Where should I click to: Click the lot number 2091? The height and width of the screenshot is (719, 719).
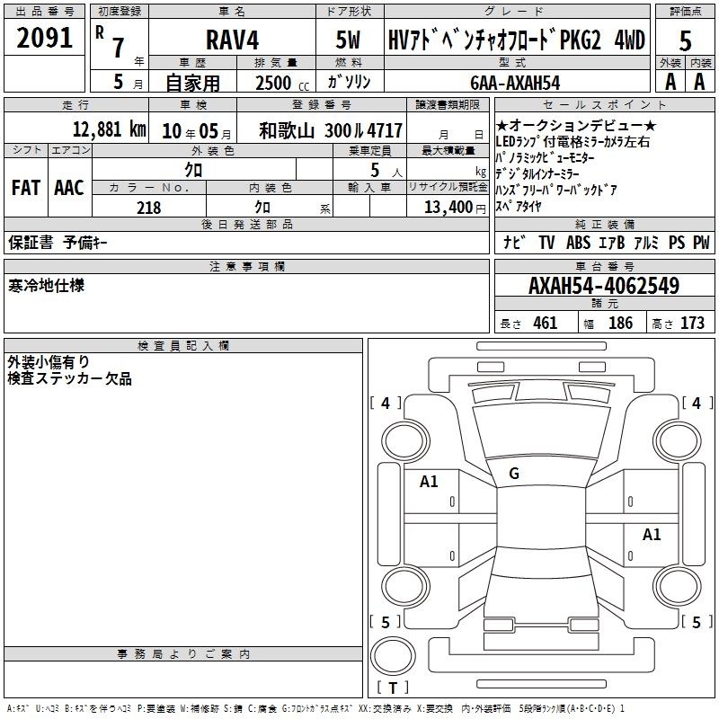(x=45, y=38)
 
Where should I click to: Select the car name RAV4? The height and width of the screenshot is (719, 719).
(x=233, y=40)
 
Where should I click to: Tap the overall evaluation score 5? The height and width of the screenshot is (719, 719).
(x=685, y=41)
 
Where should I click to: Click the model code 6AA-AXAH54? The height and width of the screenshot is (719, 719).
(x=515, y=83)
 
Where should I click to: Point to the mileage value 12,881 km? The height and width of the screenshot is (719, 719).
(x=109, y=129)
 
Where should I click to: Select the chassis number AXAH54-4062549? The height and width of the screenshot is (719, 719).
(x=604, y=286)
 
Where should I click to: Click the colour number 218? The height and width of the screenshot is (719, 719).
(x=148, y=208)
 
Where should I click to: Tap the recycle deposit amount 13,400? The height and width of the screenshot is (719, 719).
(x=448, y=207)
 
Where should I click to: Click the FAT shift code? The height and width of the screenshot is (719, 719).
(x=26, y=188)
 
